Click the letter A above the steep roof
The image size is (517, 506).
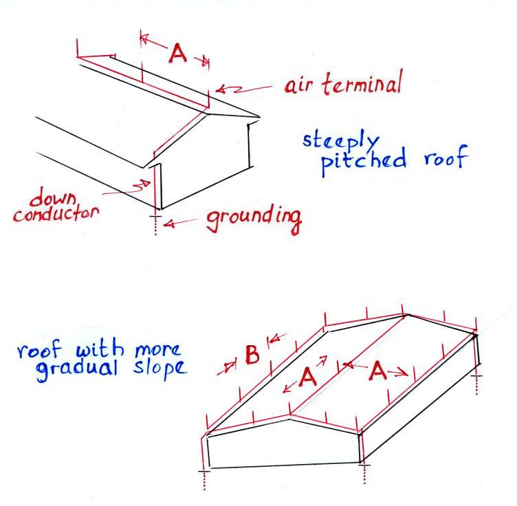tap(177, 54)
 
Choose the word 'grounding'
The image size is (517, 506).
tap(254, 219)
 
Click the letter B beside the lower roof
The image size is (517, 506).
tap(252, 355)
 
